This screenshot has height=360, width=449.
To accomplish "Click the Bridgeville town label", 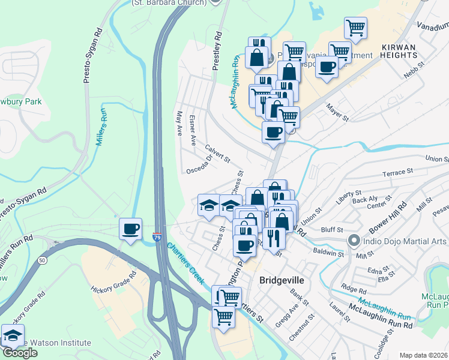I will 282,280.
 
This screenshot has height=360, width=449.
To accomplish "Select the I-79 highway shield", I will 157,237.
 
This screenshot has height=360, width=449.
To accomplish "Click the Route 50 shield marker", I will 41,260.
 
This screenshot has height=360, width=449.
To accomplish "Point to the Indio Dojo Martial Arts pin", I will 354,241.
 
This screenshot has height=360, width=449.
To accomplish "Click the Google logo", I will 20,353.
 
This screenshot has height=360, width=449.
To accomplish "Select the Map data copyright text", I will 423,355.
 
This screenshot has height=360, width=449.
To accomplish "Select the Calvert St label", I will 217,152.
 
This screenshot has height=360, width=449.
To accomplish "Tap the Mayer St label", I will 337,112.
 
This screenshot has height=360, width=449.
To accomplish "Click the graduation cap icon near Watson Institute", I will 12,335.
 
